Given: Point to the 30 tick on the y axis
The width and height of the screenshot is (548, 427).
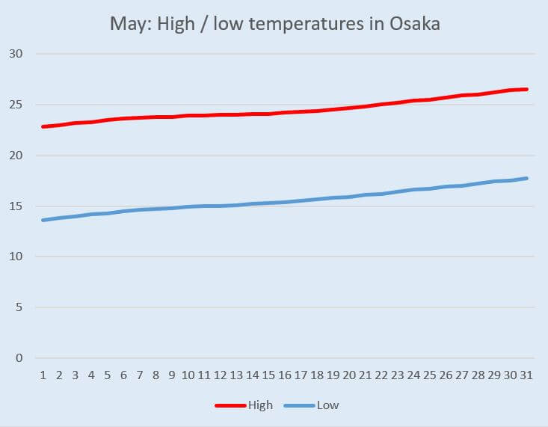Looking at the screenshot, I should point(17,54).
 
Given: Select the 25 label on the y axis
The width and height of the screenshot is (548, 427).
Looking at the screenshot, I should point(17,105).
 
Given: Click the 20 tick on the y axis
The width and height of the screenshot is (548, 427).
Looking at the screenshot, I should point(17,156).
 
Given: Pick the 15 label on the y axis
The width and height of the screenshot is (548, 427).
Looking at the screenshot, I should point(17,206).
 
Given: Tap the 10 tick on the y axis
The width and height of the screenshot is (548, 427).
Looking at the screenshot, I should point(17,256).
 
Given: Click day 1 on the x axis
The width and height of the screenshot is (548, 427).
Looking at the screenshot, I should point(43,375).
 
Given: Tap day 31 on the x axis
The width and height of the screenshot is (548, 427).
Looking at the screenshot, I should point(526,375).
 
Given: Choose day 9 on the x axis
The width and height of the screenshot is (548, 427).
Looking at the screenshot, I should point(172,375).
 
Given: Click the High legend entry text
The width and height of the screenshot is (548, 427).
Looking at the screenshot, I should point(262,405).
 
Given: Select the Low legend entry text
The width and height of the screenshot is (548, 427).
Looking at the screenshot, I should point(328,405).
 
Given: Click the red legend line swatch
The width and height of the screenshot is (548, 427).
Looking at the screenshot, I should point(231,405).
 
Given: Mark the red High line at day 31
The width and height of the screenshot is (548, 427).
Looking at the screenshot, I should point(526,90).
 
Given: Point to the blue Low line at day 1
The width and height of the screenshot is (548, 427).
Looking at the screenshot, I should point(43,220).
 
